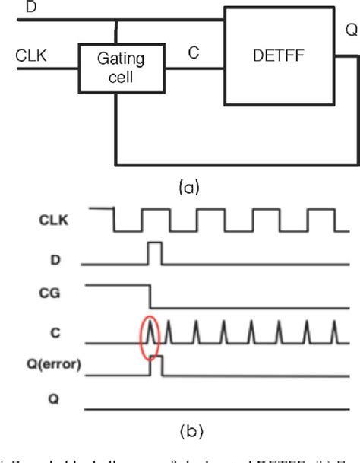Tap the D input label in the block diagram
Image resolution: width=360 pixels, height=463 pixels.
9,8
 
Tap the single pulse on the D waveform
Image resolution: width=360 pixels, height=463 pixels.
155,253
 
